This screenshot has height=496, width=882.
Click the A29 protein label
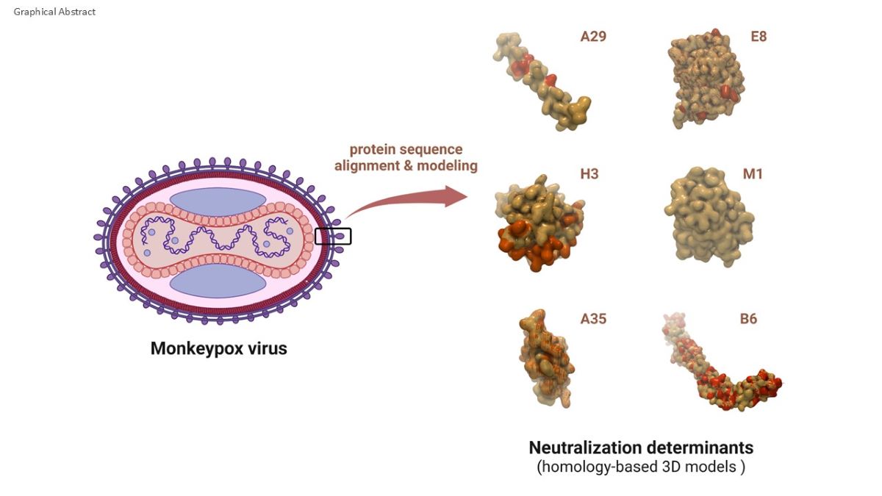593,36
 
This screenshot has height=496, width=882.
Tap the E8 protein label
759,36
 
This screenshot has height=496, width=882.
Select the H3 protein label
589,175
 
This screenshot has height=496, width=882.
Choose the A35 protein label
593,319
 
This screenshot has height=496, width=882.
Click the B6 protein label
748,319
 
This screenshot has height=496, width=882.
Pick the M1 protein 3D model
709,213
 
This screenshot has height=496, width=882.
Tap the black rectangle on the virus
333,236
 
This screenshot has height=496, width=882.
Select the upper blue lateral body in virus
218,201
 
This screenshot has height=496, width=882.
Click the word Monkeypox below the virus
193,348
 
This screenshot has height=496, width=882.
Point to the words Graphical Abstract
54,12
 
